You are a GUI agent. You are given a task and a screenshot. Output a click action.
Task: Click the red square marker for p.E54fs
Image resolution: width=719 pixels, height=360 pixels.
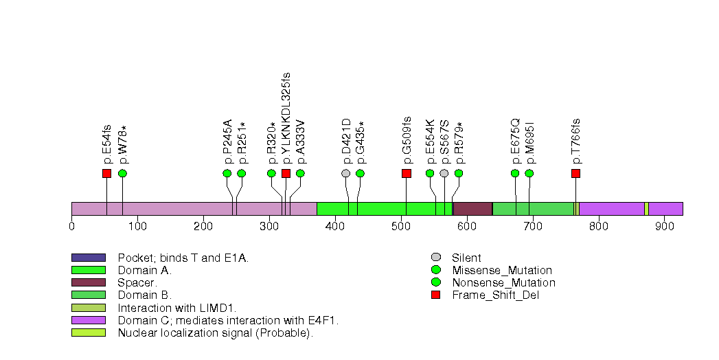(x=106, y=173)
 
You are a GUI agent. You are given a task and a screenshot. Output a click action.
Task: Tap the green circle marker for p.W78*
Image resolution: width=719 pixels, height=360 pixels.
(x=122, y=173)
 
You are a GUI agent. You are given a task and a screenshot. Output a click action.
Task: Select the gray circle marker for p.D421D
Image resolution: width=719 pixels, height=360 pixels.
(x=345, y=173)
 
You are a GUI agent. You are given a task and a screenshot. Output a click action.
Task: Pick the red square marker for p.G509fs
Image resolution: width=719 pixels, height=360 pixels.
(x=406, y=173)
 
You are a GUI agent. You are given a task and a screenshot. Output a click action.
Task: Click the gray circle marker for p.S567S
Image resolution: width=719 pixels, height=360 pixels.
(x=444, y=173)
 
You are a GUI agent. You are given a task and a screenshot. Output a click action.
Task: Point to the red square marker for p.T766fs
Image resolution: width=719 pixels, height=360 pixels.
(x=575, y=173)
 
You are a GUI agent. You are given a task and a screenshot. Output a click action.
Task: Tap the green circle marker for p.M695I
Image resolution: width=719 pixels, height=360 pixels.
(x=529, y=173)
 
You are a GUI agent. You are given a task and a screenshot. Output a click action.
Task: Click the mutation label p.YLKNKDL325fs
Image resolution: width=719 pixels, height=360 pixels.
(x=286, y=117)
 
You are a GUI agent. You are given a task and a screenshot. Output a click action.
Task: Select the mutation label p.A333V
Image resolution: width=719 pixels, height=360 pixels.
(x=300, y=142)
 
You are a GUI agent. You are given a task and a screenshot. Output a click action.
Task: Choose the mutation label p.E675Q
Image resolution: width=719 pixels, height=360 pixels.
(x=515, y=141)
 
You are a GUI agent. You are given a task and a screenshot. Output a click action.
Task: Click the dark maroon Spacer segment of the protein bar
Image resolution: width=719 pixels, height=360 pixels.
(x=472, y=209)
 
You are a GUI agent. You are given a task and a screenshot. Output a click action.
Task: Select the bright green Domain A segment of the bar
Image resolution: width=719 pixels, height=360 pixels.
(x=356, y=209)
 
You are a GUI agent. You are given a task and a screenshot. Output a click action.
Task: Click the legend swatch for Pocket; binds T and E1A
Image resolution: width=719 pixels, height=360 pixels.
(x=89, y=258)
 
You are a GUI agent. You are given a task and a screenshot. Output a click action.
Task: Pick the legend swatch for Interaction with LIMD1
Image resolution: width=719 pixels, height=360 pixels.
(x=89, y=308)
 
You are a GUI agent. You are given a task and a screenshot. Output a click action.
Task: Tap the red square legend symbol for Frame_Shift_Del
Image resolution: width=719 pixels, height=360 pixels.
(x=435, y=295)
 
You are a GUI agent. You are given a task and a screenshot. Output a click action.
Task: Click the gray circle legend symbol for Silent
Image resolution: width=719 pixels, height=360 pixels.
(x=435, y=258)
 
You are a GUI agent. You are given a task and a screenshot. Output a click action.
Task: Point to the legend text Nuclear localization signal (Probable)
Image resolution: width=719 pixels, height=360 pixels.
(x=215, y=333)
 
